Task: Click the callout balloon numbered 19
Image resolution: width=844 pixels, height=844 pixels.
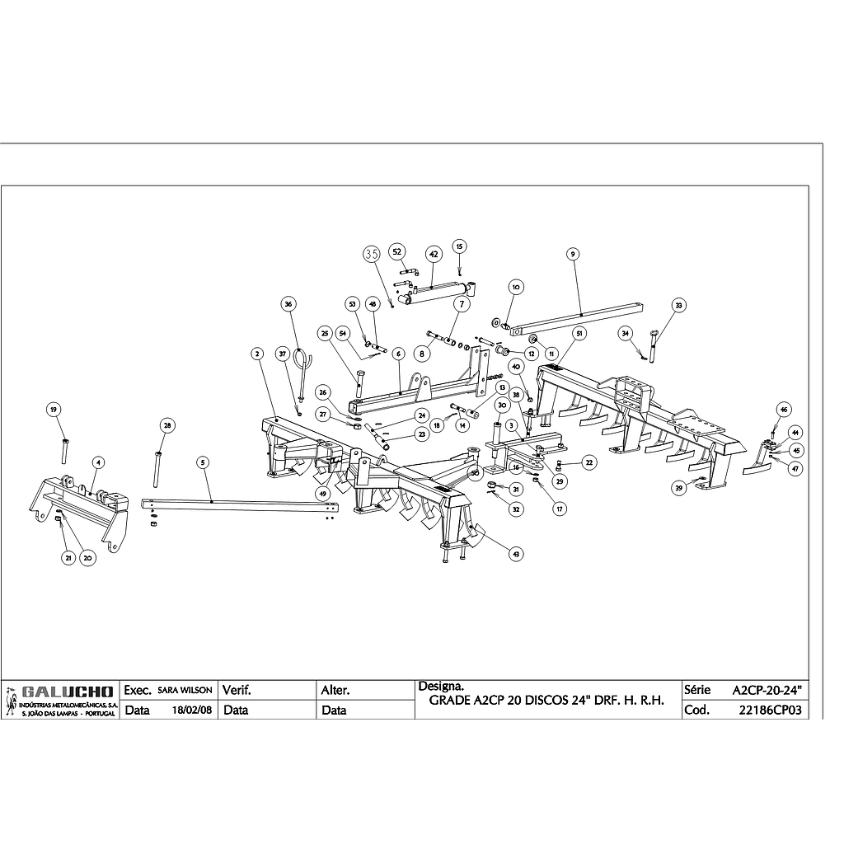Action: [x=54, y=410]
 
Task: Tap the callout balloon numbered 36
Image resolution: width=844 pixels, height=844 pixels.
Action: [x=288, y=303]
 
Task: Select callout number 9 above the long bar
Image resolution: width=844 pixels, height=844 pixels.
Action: [x=572, y=255]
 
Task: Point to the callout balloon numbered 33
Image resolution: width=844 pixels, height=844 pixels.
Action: [x=679, y=305]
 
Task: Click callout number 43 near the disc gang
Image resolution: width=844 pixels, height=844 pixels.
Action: [x=516, y=555]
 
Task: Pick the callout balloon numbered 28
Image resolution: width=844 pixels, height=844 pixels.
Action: [x=167, y=425]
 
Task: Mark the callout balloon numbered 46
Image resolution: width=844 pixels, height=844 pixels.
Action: [x=784, y=410]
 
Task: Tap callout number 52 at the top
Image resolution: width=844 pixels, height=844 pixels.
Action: [x=396, y=251]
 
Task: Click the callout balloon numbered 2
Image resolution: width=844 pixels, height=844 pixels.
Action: [x=257, y=354]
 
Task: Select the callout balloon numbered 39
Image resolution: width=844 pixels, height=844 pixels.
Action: [x=679, y=488]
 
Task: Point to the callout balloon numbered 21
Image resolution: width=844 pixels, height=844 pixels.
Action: [x=68, y=558]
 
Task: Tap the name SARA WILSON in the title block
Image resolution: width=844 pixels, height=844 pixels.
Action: [x=185, y=689]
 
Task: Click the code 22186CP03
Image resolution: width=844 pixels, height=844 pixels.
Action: [x=771, y=710]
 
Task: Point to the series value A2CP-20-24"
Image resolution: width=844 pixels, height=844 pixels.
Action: [x=767, y=689]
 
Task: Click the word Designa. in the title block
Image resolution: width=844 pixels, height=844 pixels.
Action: [x=441, y=686]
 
